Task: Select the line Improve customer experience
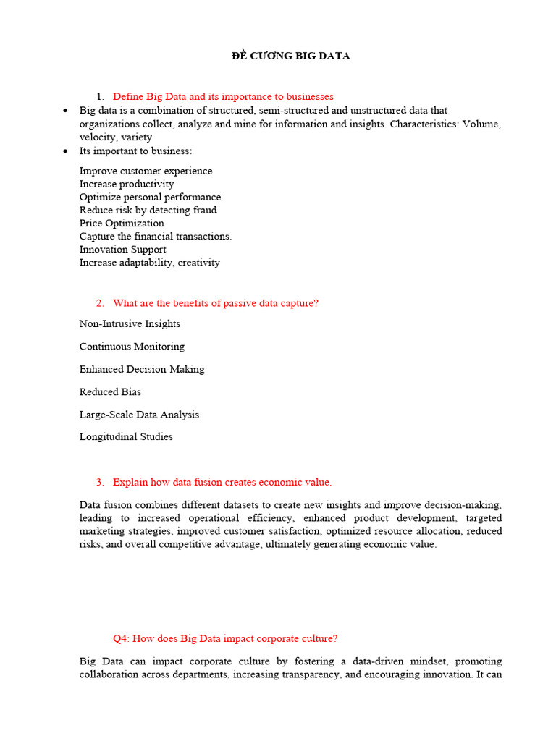click(x=146, y=171)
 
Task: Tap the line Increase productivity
click(x=127, y=184)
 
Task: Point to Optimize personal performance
click(x=150, y=197)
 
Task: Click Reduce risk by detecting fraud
click(x=148, y=210)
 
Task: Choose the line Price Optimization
click(x=122, y=223)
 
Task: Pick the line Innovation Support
click(x=122, y=249)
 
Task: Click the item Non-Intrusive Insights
click(x=130, y=323)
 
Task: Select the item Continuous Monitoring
click(x=132, y=346)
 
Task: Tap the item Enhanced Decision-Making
click(x=142, y=369)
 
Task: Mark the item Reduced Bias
click(x=110, y=391)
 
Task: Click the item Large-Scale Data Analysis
click(x=139, y=415)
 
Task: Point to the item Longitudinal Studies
click(x=126, y=436)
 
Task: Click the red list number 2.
click(x=100, y=303)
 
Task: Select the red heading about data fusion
click(x=222, y=482)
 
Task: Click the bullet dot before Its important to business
click(x=66, y=151)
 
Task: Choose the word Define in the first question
click(x=128, y=96)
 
